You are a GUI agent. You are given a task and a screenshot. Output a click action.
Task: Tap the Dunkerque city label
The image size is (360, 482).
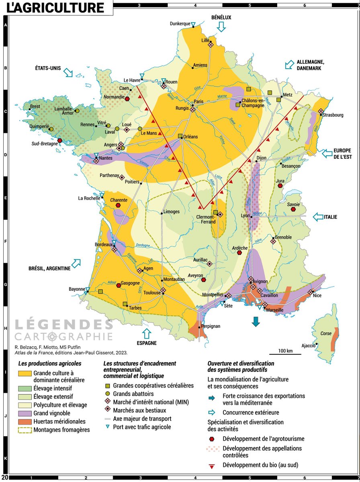pos(180,24)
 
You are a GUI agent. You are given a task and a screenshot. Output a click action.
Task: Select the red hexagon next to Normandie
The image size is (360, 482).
pos(127,99)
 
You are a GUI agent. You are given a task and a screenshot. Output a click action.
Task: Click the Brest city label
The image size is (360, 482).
pos(35,107)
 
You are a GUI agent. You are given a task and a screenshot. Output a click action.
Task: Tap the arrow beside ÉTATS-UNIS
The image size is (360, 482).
pos(68,72)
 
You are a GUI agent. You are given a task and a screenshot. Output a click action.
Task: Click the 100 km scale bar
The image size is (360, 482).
pos(285,354)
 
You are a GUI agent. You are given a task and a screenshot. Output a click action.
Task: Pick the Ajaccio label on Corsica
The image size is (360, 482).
pos(309,345)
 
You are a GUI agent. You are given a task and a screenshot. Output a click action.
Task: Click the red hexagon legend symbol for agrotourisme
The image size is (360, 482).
pos(212,439)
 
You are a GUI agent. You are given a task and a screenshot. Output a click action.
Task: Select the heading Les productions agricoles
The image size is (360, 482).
pos(50,363)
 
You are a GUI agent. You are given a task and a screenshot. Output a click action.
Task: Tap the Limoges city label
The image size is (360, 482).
pos(171,212)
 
